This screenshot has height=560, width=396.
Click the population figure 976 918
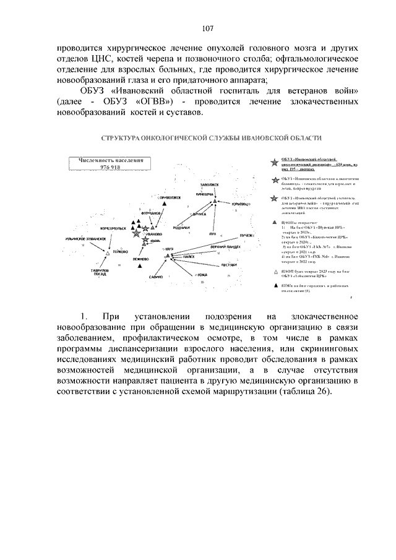point(110,168)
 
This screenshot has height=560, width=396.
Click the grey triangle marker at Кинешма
point(215,201)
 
